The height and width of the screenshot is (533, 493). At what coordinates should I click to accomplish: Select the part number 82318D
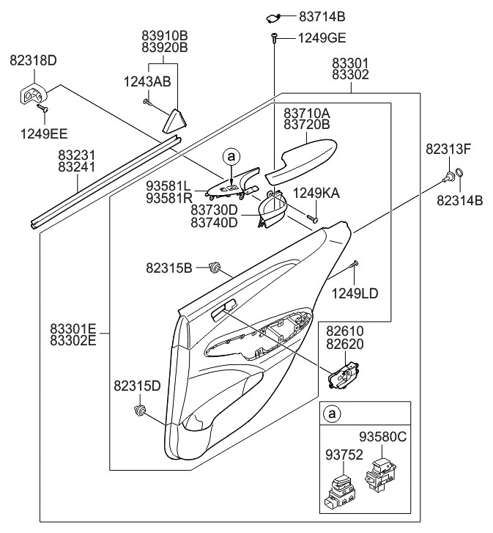tap(33, 60)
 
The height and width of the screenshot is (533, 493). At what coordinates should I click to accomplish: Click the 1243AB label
tap(151, 82)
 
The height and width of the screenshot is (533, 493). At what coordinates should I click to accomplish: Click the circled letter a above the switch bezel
tap(231, 156)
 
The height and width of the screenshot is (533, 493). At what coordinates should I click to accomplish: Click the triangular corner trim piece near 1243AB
tap(176, 119)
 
